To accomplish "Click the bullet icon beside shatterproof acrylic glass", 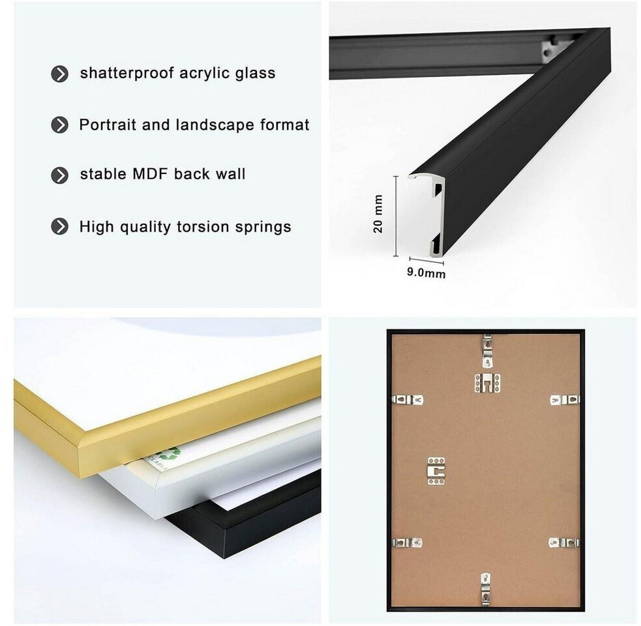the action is (60, 74).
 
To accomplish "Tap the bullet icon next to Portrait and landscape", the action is (60, 125).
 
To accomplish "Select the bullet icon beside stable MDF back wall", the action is (60, 175).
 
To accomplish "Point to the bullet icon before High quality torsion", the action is (60, 226).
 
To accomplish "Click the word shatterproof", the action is (127, 74).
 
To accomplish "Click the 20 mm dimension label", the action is (378, 214).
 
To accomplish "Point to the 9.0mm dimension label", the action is (426, 273).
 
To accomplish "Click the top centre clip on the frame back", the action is (486, 351).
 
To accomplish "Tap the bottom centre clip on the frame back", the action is (485, 589).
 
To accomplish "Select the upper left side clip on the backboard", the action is (407, 400).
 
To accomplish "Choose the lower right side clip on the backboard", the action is (564, 543).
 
